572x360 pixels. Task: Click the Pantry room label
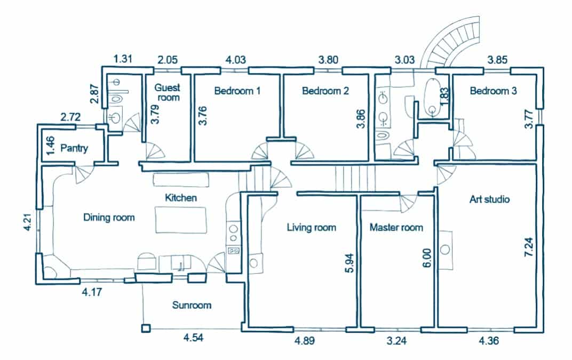74,148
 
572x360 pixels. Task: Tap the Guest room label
168,92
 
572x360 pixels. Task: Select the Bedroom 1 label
237,91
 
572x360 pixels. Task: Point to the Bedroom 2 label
325,91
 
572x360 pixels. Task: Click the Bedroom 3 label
493,91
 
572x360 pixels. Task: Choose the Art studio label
489,199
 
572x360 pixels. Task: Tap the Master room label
396,227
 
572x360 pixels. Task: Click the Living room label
311,227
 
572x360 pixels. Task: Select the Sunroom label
192,305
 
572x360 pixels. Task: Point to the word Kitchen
181,198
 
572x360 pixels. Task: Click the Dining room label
109,218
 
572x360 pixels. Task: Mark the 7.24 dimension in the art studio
529,247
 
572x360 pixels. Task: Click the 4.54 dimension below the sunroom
193,338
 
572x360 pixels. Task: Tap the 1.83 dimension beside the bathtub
444,97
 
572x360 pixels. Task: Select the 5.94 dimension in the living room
349,263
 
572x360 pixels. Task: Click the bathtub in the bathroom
433,98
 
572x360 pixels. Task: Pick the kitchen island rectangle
180,220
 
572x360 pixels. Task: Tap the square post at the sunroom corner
146,329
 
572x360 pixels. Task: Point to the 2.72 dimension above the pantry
70,117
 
